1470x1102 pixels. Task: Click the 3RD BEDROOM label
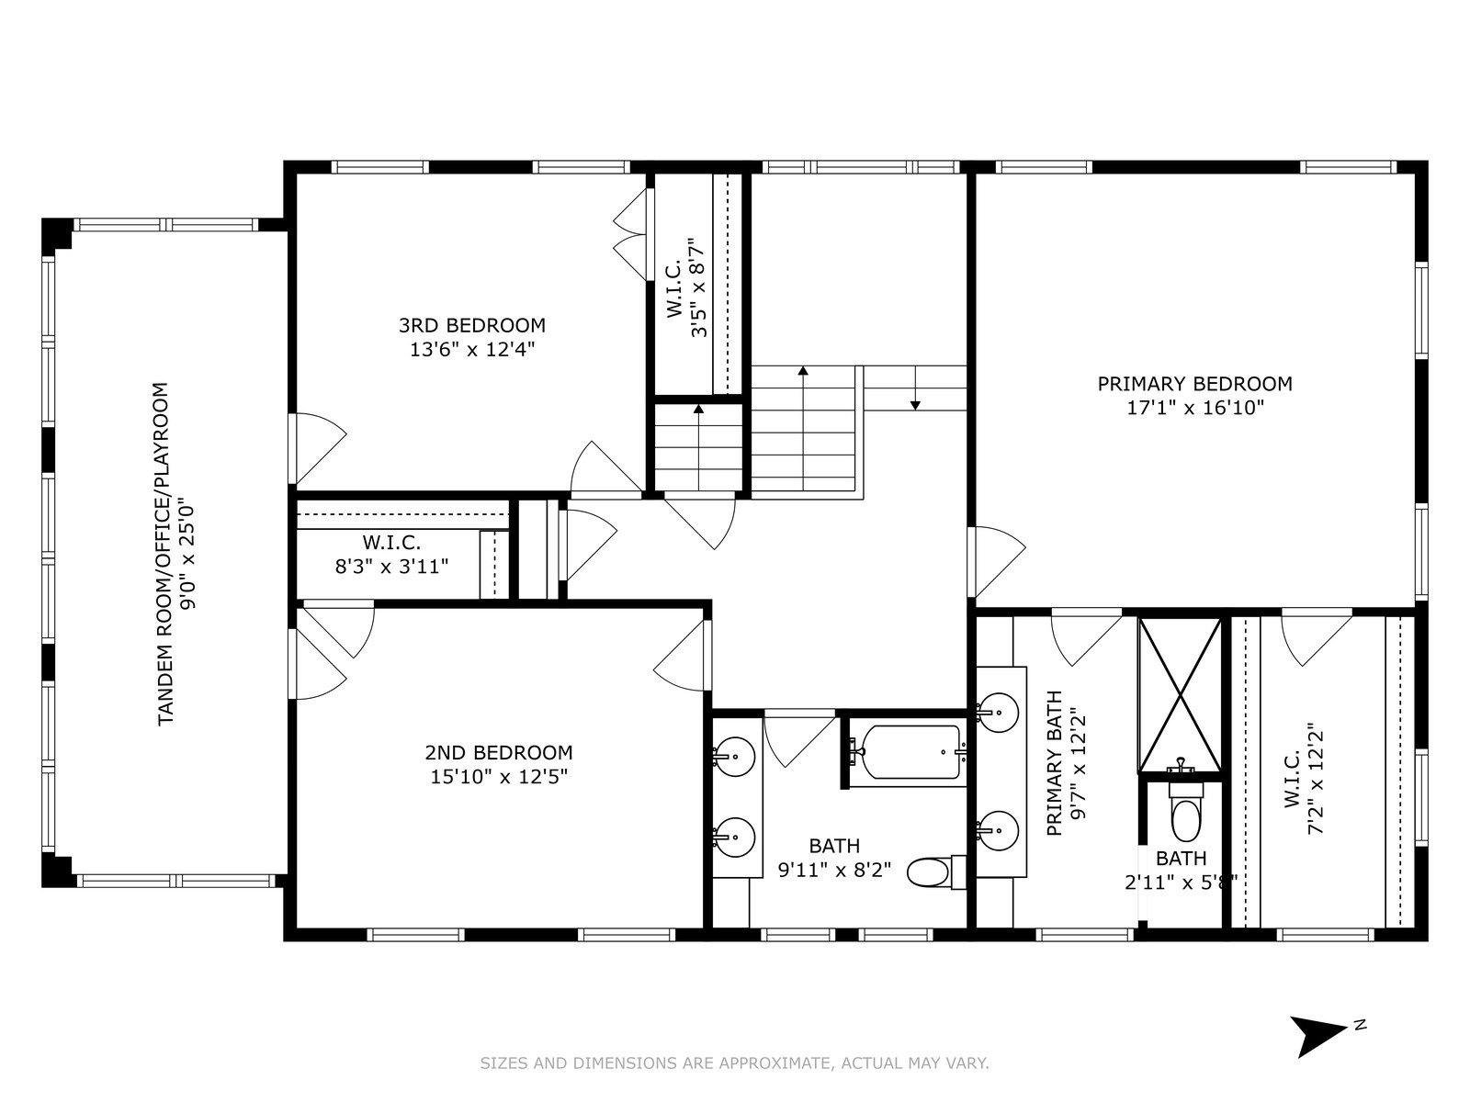(472, 325)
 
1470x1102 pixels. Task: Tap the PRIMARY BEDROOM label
(1194, 384)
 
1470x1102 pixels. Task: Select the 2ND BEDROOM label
(499, 753)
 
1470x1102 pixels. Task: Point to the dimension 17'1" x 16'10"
(1195, 408)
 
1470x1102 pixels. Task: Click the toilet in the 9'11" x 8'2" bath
(936, 872)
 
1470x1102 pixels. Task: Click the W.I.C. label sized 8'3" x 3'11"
(391, 542)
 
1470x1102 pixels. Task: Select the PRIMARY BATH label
(1054, 763)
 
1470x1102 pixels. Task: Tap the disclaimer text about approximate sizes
(735, 1063)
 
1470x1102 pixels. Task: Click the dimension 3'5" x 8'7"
(698, 287)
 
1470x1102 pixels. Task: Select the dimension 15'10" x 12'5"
(499, 777)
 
